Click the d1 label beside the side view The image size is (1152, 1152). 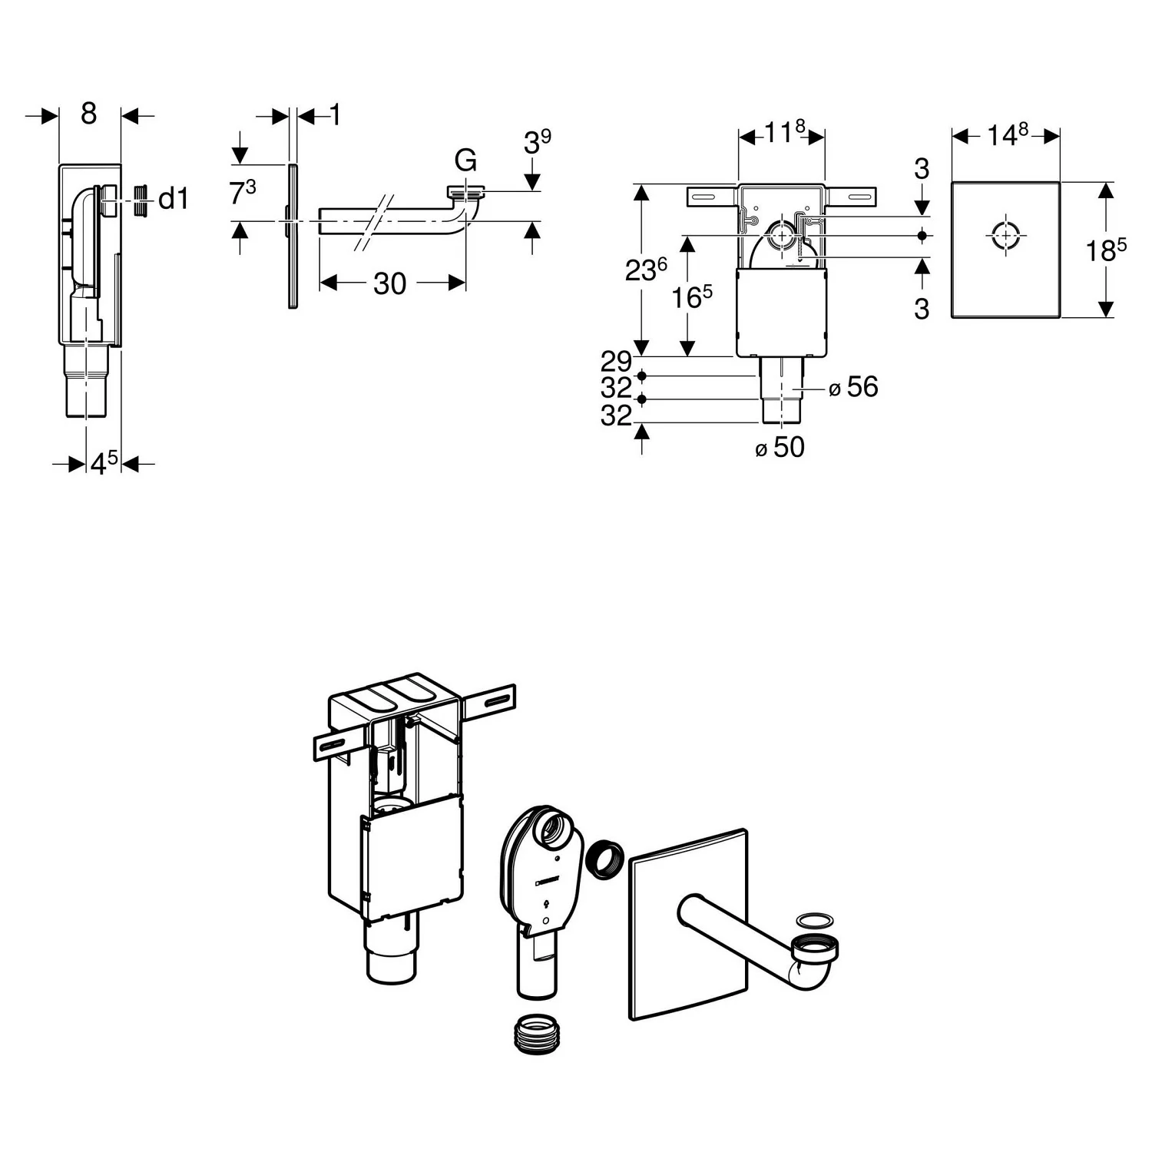[x=173, y=199]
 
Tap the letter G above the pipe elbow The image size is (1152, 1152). [x=465, y=161]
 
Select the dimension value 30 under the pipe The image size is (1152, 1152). [x=389, y=283]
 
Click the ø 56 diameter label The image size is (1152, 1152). [x=854, y=387]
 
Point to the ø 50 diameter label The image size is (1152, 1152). [x=780, y=447]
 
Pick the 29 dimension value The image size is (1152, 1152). [x=616, y=361]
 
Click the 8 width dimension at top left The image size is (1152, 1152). [x=89, y=114]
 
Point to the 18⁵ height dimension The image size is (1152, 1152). [x=1106, y=250]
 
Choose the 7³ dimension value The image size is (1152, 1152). [x=243, y=193]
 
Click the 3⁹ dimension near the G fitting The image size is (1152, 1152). [x=537, y=142]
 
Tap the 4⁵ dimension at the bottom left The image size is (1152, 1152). [x=104, y=463]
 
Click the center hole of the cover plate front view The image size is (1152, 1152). [x=1005, y=237]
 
